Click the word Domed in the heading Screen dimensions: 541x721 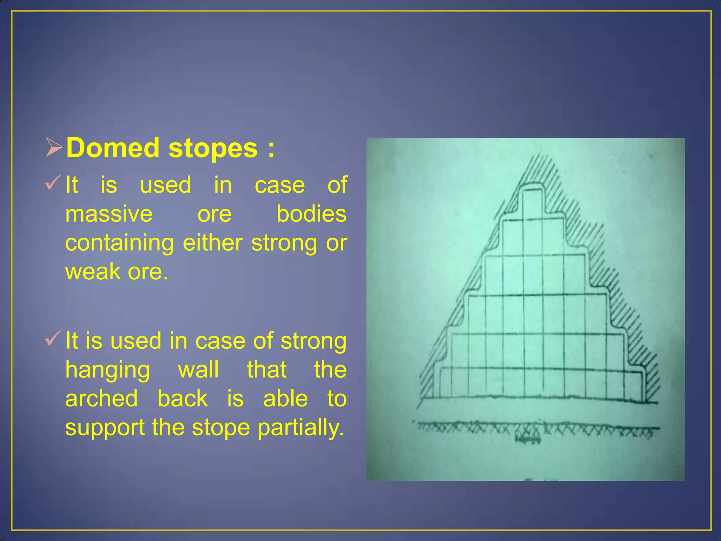[113, 148]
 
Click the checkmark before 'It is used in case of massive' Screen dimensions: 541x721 [53, 183]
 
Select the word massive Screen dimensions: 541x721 [109, 214]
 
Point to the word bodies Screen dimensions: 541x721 [311, 214]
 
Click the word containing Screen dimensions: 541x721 [119, 244]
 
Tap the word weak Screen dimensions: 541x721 [93, 272]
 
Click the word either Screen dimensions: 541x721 [213, 243]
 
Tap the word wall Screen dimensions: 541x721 [199, 370]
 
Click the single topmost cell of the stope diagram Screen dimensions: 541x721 [532, 204]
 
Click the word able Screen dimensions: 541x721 [286, 399]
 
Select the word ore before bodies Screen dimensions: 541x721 [214, 215]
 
